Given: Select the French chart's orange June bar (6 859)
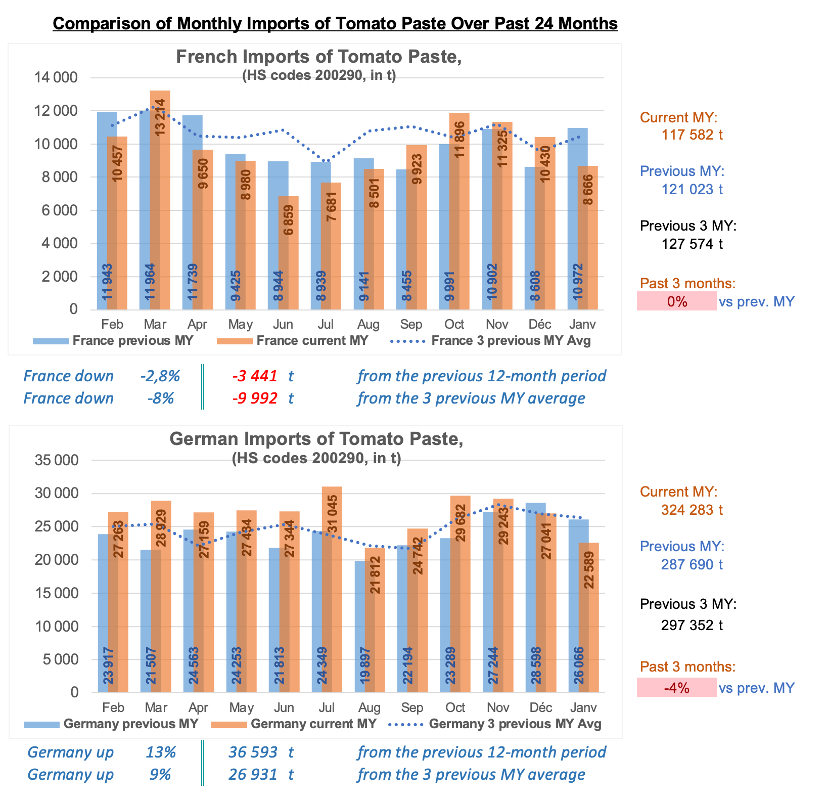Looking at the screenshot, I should (288, 253).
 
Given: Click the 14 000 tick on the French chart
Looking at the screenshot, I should (56, 78).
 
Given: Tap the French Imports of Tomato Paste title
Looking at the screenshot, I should (318, 57).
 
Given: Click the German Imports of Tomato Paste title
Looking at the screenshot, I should (316, 439).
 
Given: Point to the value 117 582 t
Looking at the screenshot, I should (692, 135).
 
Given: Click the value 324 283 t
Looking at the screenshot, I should (692, 510).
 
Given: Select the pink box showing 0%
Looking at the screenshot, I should (677, 301).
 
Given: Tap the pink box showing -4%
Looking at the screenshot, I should (677, 688).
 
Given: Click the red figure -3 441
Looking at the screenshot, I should (255, 376).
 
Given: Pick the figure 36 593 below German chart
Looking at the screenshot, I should (253, 752).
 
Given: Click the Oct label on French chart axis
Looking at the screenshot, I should (454, 324).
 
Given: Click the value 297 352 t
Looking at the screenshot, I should (692, 626).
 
